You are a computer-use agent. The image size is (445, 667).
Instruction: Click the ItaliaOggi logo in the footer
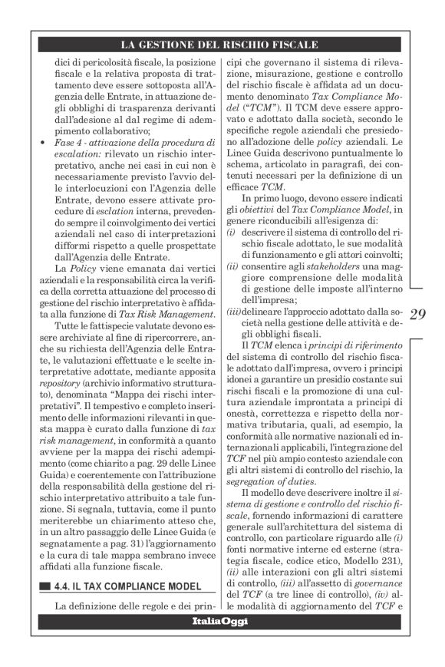coord(222,642)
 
